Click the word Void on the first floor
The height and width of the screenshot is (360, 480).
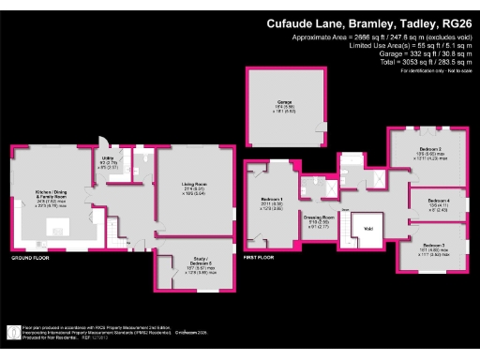(x=368, y=227)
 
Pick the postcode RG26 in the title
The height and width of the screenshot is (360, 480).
(x=452, y=23)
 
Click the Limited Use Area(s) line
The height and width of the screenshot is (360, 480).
(x=413, y=46)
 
